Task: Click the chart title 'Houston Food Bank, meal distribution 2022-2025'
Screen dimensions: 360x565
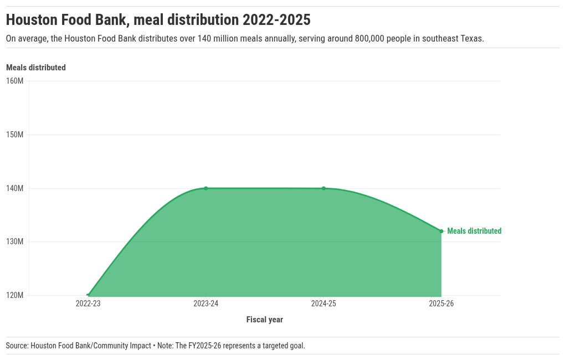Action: click(x=158, y=20)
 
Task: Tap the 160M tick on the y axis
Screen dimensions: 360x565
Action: click(x=14, y=81)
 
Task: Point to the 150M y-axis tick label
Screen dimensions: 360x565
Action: click(x=14, y=135)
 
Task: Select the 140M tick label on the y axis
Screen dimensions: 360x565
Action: click(x=14, y=188)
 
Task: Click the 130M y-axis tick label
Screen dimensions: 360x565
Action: click(x=14, y=241)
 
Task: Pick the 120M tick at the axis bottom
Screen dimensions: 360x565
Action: click(x=14, y=295)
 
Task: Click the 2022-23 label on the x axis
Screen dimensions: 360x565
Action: click(x=88, y=304)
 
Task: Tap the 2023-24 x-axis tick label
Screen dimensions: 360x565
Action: click(x=206, y=304)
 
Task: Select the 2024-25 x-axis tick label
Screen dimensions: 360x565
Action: click(x=323, y=304)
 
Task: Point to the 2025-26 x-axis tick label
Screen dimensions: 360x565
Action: click(x=441, y=304)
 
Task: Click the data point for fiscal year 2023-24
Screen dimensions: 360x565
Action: click(x=206, y=188)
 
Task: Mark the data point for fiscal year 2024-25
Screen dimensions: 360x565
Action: click(x=323, y=188)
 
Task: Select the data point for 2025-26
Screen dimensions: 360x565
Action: click(x=441, y=231)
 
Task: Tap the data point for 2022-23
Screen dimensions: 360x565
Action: click(x=89, y=295)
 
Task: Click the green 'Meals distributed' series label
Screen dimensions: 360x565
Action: click(x=474, y=231)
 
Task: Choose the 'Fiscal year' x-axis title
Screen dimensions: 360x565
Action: click(x=264, y=320)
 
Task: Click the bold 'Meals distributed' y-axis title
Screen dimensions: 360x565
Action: click(x=36, y=68)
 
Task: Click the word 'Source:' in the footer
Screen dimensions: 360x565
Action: click(x=17, y=346)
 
